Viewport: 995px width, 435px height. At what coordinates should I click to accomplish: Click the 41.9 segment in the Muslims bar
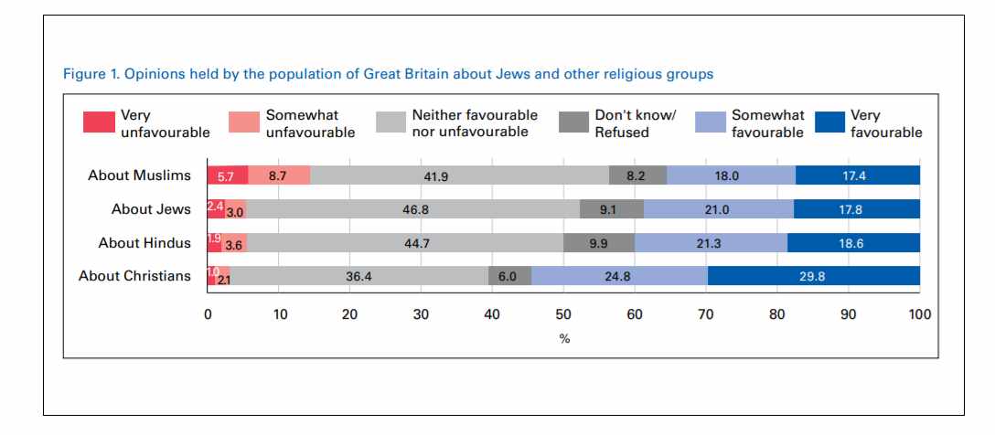coord(460,176)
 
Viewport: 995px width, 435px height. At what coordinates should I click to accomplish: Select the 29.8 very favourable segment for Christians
coord(813,276)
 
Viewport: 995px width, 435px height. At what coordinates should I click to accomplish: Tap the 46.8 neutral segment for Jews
coord(412,210)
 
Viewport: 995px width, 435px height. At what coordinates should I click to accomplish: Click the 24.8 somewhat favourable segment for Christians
coord(619,276)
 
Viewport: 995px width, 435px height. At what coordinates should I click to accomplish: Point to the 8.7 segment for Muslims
coord(279,176)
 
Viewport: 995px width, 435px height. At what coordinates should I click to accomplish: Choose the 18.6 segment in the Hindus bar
coord(853,243)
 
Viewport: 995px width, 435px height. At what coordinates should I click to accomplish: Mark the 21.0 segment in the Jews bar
coord(719,210)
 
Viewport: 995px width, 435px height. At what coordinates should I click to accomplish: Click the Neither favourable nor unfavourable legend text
coord(474,123)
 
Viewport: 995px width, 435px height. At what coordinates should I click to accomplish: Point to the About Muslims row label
coord(139,176)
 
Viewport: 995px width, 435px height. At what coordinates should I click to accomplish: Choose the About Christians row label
coord(134,276)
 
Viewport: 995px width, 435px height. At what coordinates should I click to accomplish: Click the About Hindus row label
coord(144,243)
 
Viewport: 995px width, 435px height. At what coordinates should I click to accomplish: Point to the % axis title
coord(564,338)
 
